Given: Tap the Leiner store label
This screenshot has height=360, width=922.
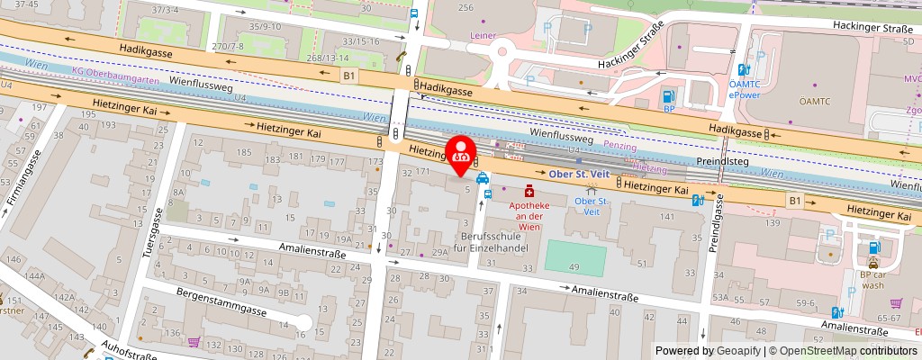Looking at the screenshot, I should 484,35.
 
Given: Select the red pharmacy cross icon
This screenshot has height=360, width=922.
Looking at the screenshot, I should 529,191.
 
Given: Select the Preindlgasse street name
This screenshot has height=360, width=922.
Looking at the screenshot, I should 719,225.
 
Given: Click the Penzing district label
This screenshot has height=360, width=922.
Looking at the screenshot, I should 619,146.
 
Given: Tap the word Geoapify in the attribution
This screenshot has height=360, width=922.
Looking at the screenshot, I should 738,351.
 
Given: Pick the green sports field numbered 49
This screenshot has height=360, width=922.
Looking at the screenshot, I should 574,257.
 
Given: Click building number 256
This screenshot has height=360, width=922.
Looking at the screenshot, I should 466,8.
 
